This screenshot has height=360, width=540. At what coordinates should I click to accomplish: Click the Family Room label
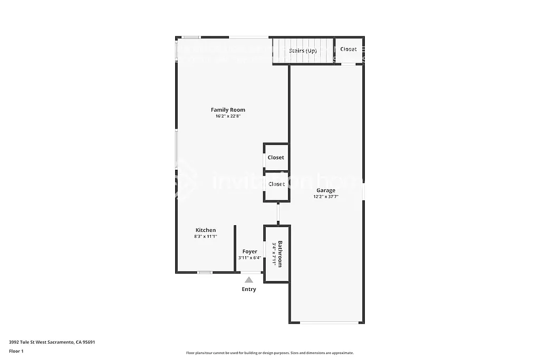coord(228,110)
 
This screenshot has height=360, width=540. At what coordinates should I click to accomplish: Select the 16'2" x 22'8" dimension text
coord(228,116)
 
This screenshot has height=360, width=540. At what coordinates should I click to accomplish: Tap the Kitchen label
coord(206,230)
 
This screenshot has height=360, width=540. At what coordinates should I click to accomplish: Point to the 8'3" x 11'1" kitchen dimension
coord(206,237)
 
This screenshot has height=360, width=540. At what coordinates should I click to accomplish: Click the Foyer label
coord(249,251)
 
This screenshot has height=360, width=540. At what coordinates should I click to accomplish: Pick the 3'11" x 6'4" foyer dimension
coord(249,258)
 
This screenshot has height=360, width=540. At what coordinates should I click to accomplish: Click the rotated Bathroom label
coord(280,254)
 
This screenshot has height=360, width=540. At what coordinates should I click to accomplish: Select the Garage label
coord(325,190)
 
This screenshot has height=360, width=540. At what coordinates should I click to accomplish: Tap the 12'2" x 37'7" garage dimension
coord(325,197)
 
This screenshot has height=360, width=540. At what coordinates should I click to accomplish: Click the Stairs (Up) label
coord(303,51)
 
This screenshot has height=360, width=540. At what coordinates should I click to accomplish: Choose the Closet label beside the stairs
coord(348,49)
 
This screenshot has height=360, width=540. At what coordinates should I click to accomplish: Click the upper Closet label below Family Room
coord(276,158)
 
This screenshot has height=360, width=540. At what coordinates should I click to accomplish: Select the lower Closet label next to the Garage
coord(276,184)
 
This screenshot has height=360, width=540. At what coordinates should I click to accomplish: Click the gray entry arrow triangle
coord(249,280)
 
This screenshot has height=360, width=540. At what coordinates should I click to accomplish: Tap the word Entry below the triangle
coord(249,289)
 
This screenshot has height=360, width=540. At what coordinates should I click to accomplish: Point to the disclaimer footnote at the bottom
coord(269,353)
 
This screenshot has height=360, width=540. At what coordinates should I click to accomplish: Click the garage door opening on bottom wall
coord(326,323)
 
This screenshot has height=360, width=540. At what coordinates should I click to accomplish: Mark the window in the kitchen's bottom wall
coord(205,273)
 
